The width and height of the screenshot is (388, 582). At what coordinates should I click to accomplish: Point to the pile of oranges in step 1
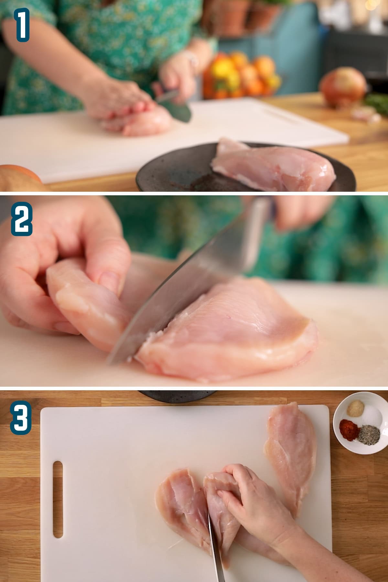click(241, 74)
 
